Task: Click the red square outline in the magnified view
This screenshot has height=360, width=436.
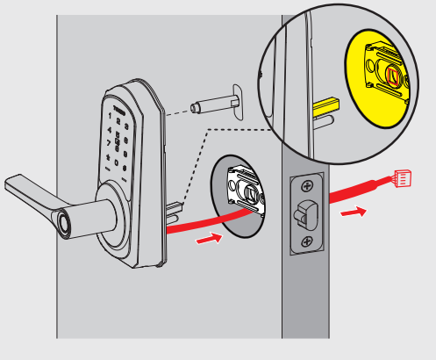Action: pos(391,78)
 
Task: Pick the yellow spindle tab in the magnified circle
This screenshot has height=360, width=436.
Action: pos(324,112)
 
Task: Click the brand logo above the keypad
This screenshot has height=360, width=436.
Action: pos(120,103)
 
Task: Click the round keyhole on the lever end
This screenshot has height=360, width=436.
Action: pos(64,223)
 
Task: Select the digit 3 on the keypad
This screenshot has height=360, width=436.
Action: pos(129,126)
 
